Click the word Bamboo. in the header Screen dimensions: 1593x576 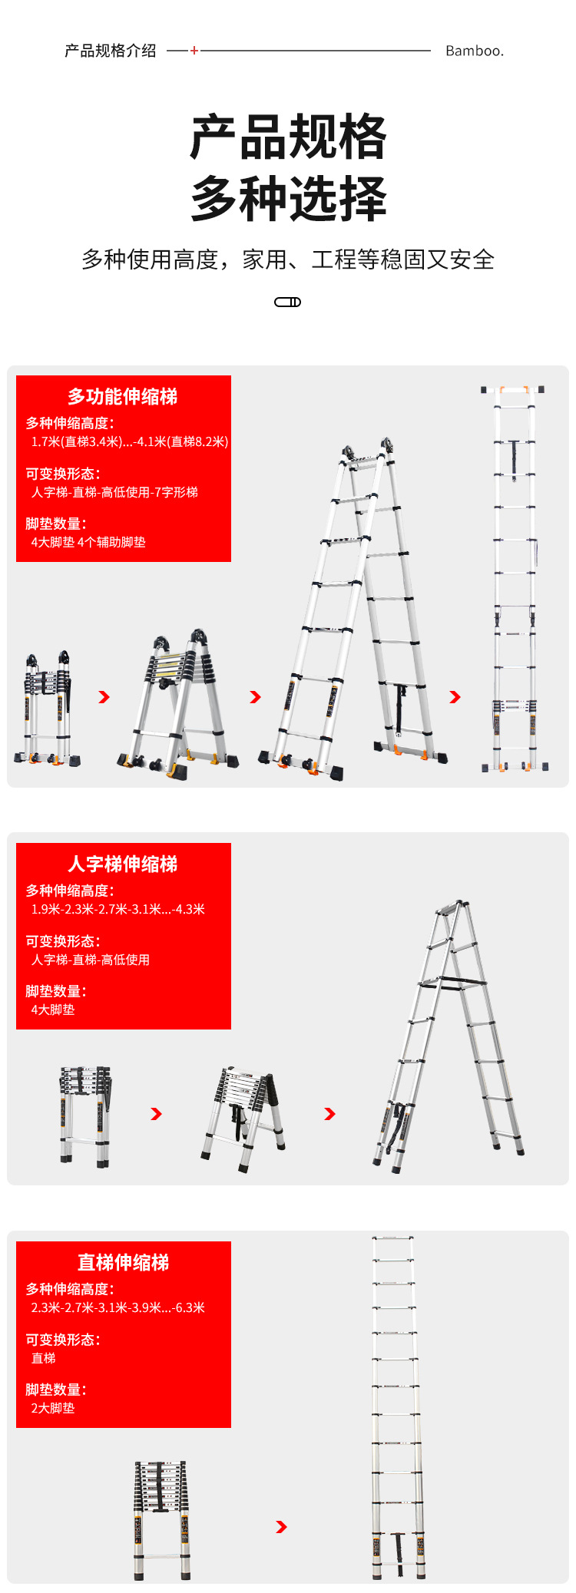(x=475, y=51)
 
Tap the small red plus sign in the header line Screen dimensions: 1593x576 (x=194, y=51)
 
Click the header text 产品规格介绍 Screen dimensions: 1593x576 (x=111, y=51)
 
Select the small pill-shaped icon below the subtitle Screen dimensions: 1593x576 (x=288, y=302)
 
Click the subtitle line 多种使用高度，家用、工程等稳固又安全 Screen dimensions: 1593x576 (x=288, y=259)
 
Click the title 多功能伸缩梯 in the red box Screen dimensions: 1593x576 (x=123, y=396)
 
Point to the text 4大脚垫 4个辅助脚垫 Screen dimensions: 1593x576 (x=88, y=542)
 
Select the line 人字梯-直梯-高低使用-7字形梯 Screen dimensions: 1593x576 (x=114, y=492)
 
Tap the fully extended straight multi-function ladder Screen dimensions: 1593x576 (x=514, y=580)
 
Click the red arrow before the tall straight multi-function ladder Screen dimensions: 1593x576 (x=455, y=697)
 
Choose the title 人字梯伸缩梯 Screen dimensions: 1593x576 (x=123, y=864)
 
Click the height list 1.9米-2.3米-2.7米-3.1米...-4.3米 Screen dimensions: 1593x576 (x=118, y=909)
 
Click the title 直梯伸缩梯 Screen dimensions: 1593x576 (x=123, y=1262)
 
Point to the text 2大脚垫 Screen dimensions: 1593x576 (x=53, y=1408)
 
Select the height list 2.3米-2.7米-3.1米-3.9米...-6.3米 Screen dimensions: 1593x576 (x=118, y=1307)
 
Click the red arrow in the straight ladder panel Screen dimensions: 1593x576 (x=281, y=1527)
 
